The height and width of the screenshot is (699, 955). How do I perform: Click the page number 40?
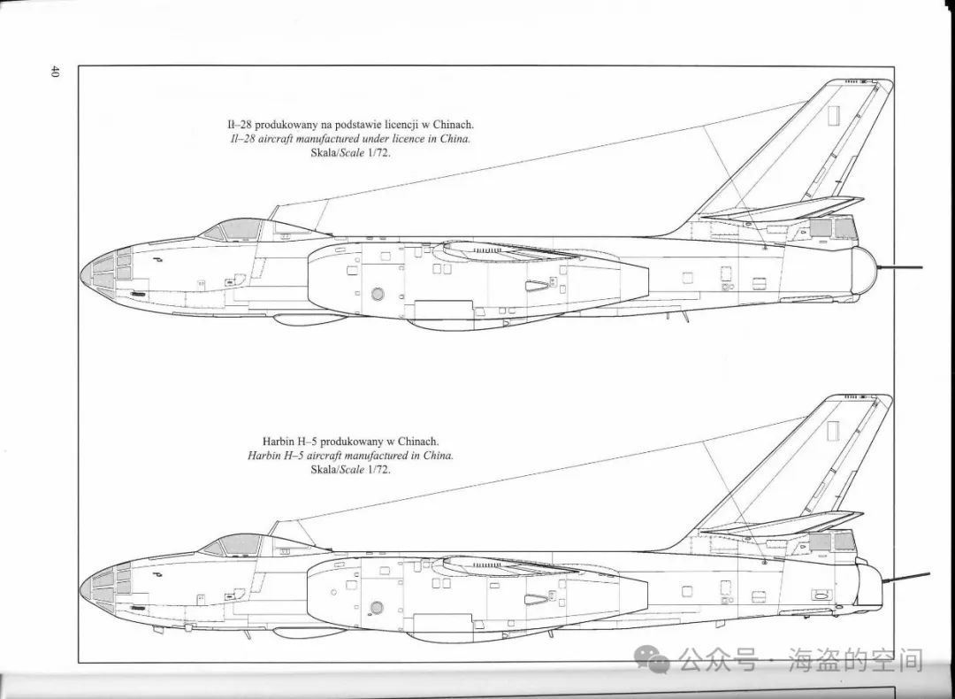point(54,72)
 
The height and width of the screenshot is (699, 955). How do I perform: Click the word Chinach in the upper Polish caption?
point(453,125)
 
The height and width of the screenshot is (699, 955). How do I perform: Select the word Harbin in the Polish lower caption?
point(277,442)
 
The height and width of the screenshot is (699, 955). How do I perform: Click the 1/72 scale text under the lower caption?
point(378,470)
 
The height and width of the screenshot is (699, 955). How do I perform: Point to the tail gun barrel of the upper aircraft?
point(899,267)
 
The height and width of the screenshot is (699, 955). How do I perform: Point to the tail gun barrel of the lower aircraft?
point(906,577)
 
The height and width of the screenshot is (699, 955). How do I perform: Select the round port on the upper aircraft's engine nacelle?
point(378,295)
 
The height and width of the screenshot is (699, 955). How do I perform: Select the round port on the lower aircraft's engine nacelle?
point(377,607)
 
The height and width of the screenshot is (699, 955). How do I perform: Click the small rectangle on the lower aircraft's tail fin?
point(833,431)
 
